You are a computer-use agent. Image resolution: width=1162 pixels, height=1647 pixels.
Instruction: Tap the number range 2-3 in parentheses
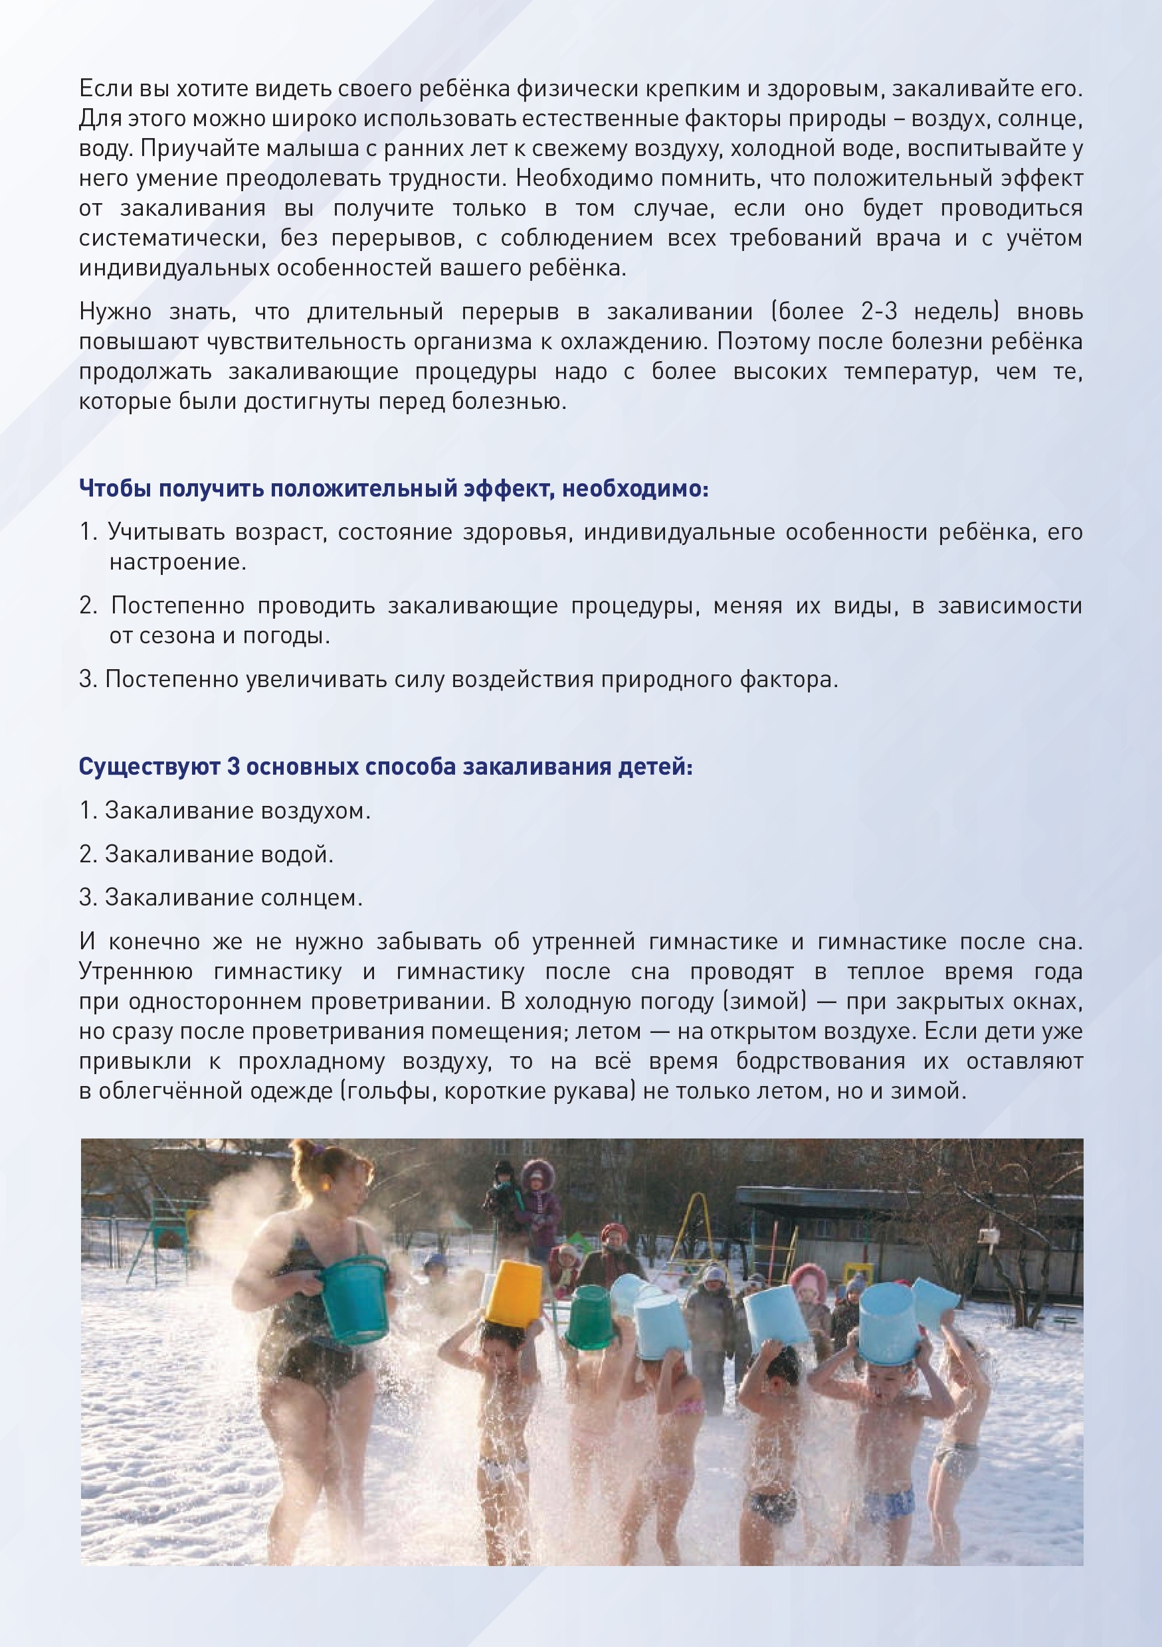878,312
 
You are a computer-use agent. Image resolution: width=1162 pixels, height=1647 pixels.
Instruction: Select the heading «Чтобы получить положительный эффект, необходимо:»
393,489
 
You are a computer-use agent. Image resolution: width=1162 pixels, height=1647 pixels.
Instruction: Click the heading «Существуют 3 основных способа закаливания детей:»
385,767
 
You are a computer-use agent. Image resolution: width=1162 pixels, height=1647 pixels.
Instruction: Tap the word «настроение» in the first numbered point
177,562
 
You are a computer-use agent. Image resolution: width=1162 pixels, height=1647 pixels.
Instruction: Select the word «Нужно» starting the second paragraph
115,312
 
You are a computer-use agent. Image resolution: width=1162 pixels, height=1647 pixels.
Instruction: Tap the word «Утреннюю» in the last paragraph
136,972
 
